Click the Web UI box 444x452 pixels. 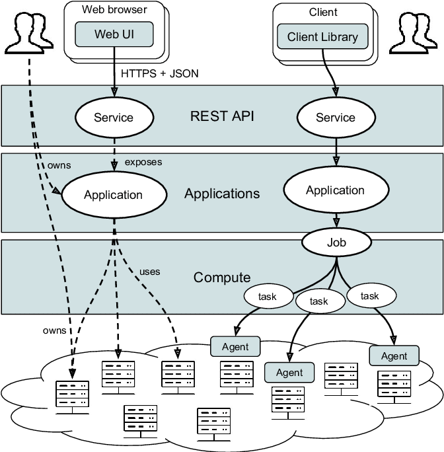tap(114, 34)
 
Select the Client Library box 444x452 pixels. tap(322, 37)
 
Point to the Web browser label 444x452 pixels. tap(114, 9)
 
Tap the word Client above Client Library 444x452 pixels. tap(323, 12)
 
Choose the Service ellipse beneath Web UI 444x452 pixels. tap(114, 118)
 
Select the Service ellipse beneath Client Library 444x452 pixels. tap(336, 118)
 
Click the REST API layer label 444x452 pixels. tap(222, 116)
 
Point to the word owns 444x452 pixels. tap(59, 165)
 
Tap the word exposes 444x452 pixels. tap(143, 162)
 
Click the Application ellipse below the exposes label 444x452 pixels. tap(113, 195)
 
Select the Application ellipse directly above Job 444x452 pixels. tap(335, 190)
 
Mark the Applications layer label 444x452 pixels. tap(222, 194)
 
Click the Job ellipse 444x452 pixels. tap(336, 243)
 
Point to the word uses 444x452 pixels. tap(149, 271)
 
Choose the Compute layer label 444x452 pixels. tap(222, 278)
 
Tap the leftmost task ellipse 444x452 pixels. tap(268, 297)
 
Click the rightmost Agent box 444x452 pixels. tap(394, 356)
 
